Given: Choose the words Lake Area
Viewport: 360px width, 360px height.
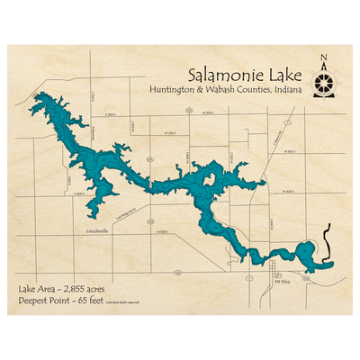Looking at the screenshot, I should click(34, 287).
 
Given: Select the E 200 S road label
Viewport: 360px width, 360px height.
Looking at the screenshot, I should click(111, 115).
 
